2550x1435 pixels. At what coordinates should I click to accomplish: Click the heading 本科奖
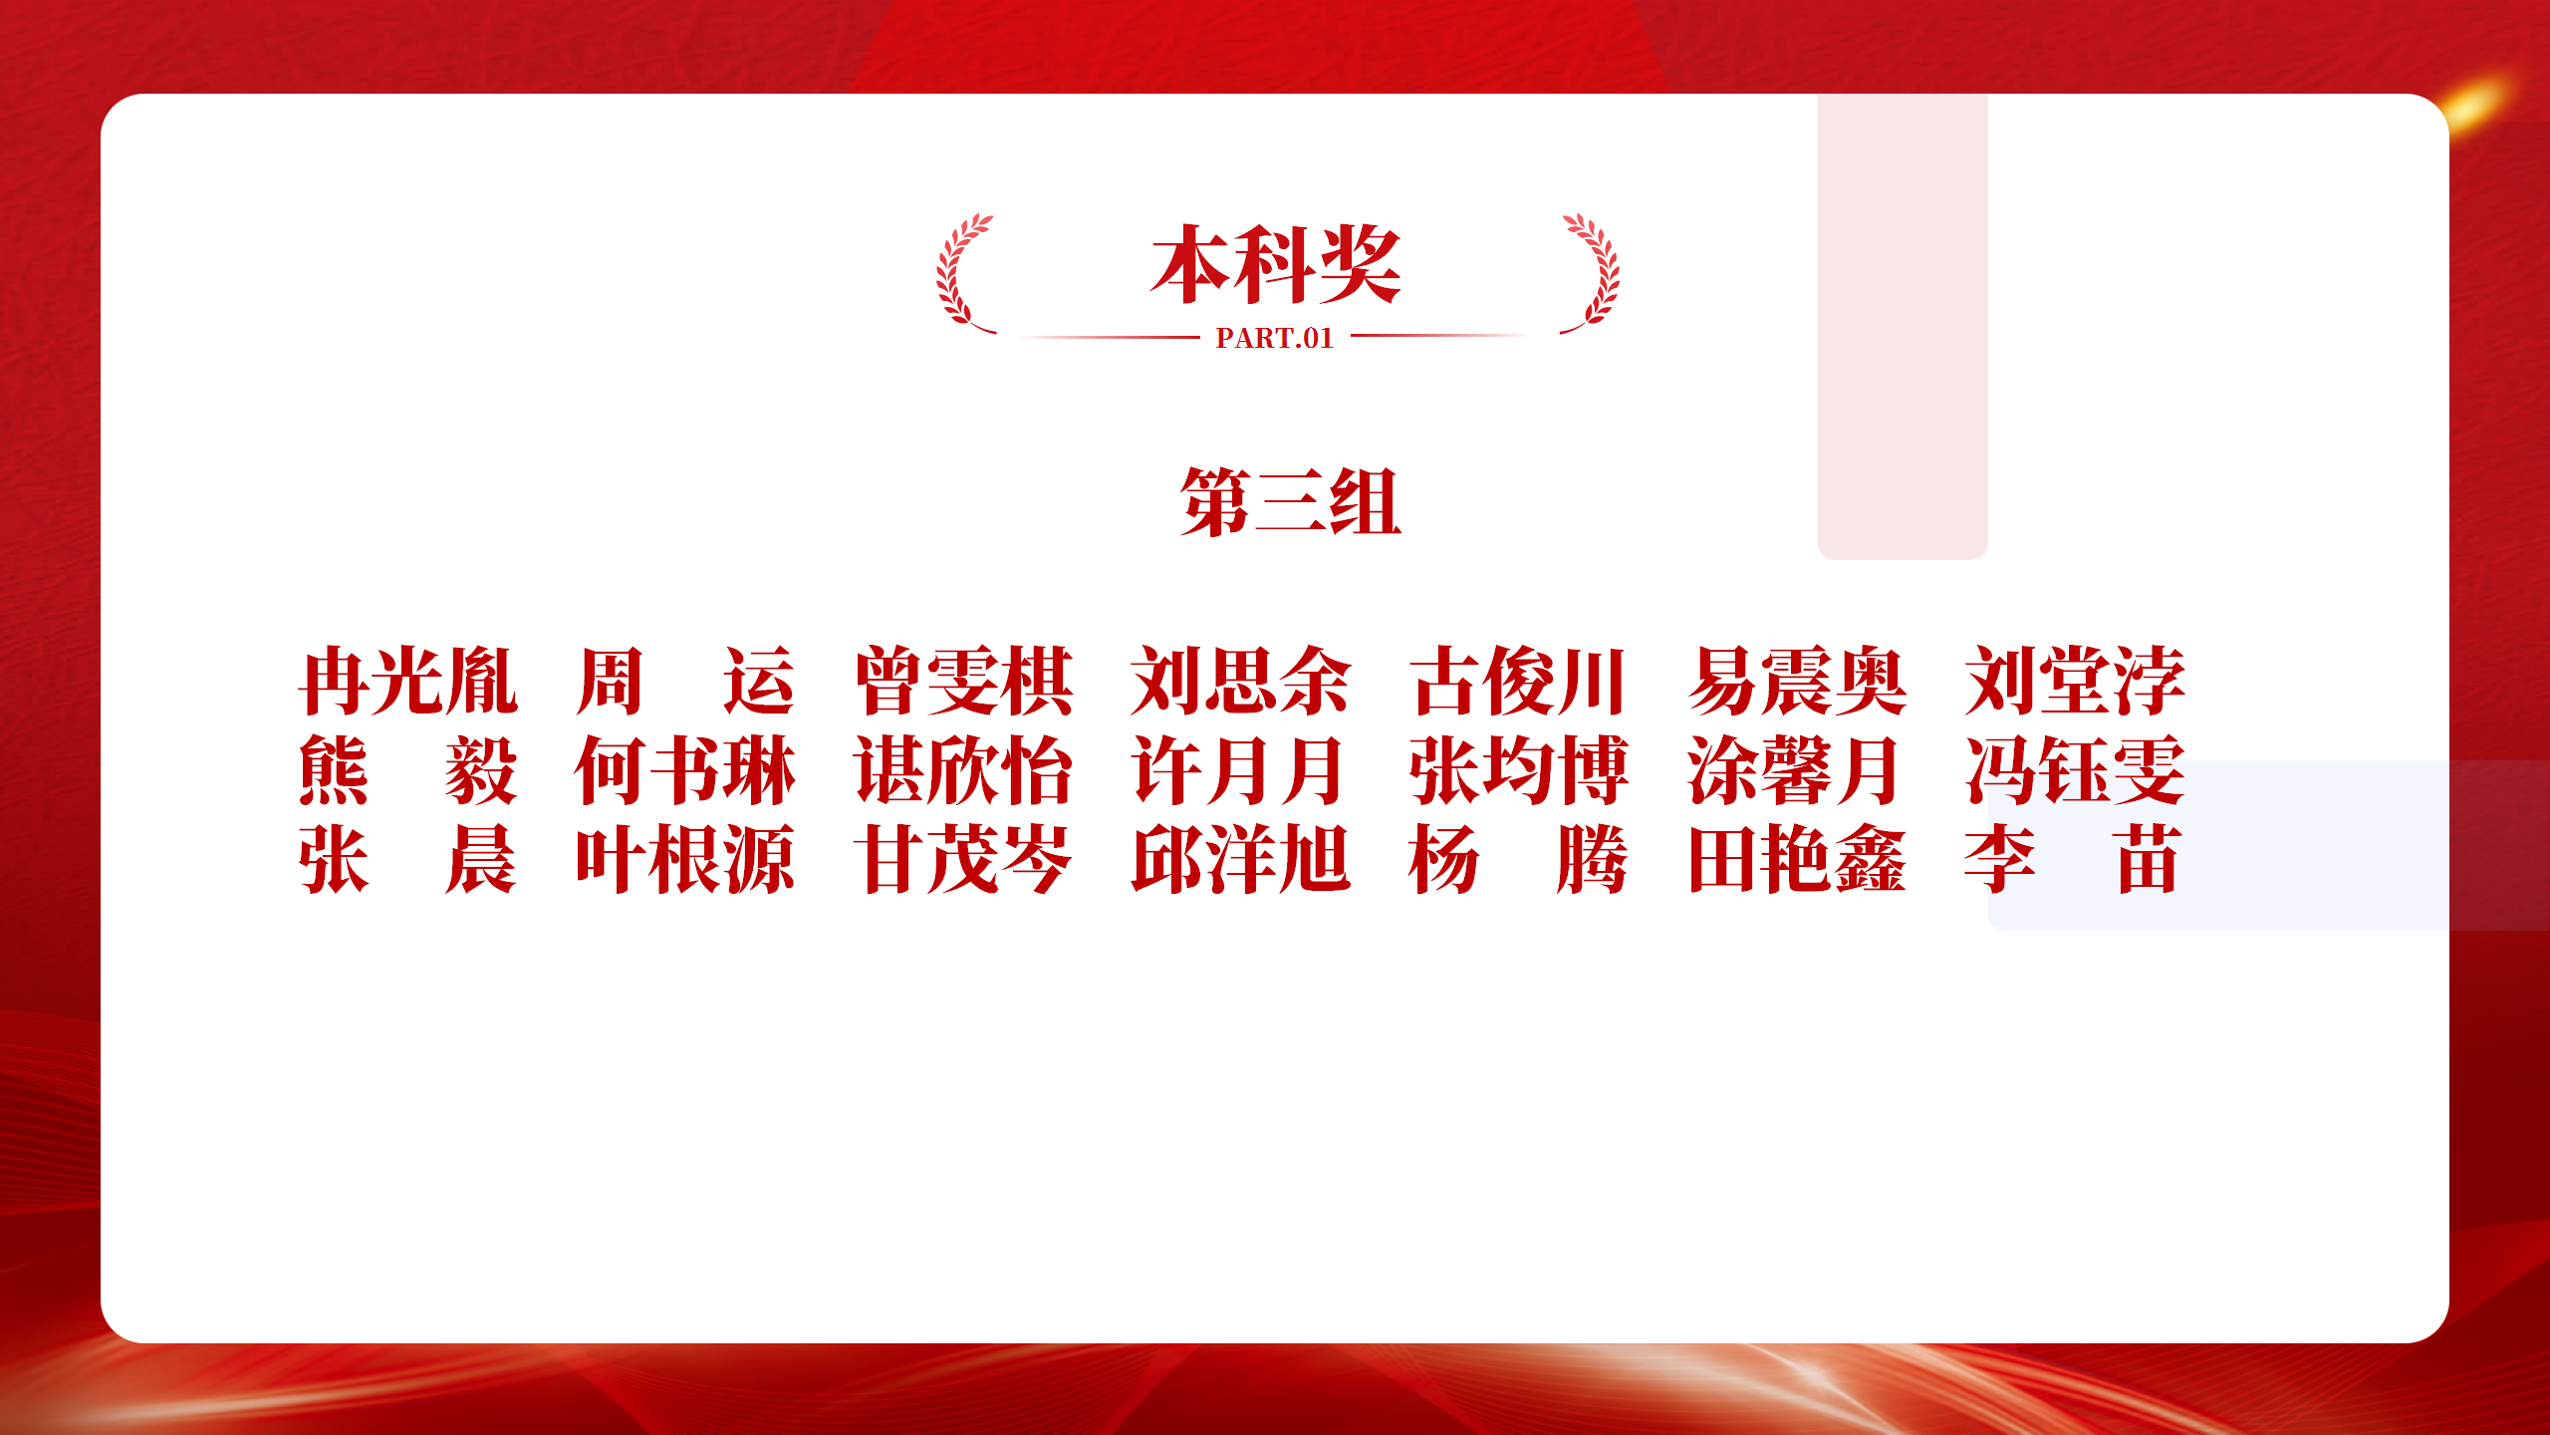click(1276, 264)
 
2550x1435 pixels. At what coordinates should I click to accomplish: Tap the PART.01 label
click(1274, 339)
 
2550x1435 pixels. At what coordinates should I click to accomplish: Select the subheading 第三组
click(1291, 502)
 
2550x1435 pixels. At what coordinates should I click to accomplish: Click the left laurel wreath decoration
click(962, 273)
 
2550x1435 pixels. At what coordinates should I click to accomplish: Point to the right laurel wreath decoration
click(1592, 273)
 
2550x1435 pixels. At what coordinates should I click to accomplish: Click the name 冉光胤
click(408, 682)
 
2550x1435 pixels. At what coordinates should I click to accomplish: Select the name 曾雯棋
click(964, 682)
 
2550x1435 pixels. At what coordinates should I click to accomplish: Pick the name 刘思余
click(1241, 682)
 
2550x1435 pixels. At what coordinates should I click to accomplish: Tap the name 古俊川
click(1518, 682)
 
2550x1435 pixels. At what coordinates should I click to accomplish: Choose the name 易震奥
click(1797, 682)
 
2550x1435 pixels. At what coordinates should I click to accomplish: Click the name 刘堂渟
click(2075, 682)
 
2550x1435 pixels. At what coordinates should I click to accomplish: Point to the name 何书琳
click(685, 770)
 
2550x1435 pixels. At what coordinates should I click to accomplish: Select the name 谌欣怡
click(964, 770)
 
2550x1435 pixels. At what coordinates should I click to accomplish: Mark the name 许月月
click(1238, 770)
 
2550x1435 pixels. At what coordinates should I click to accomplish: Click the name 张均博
click(1519, 770)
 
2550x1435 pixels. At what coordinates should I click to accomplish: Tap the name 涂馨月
click(1793, 770)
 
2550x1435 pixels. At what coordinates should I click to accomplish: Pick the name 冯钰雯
click(2075, 770)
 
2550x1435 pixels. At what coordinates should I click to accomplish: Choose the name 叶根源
click(685, 859)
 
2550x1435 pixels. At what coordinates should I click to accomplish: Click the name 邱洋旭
click(1241, 859)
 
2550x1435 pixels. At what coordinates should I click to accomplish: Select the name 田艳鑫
click(1797, 859)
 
